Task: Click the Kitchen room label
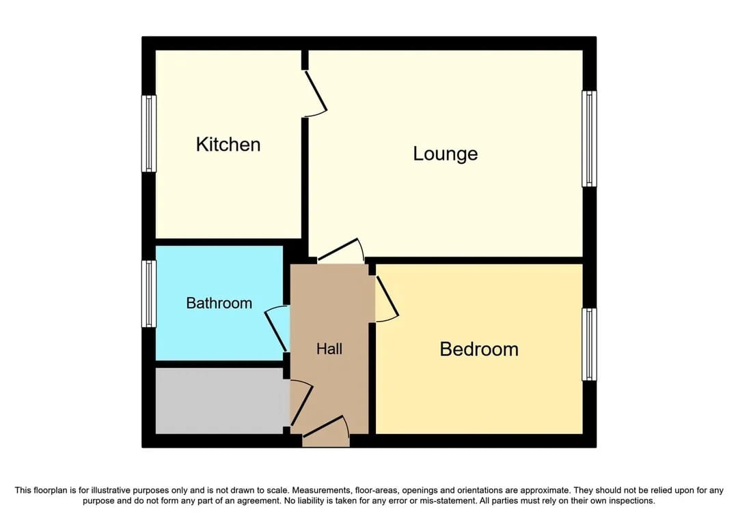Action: [x=228, y=145]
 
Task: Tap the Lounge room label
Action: [x=445, y=154]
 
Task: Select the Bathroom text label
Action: [x=219, y=303]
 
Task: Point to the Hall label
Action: [x=329, y=349]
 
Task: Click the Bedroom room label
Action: [x=479, y=349]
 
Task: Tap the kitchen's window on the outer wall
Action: [x=149, y=133]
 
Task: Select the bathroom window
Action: [x=149, y=293]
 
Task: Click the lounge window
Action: [x=589, y=139]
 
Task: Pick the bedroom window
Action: [x=589, y=344]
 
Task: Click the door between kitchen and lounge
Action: [x=315, y=91]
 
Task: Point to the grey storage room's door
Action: [x=301, y=403]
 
